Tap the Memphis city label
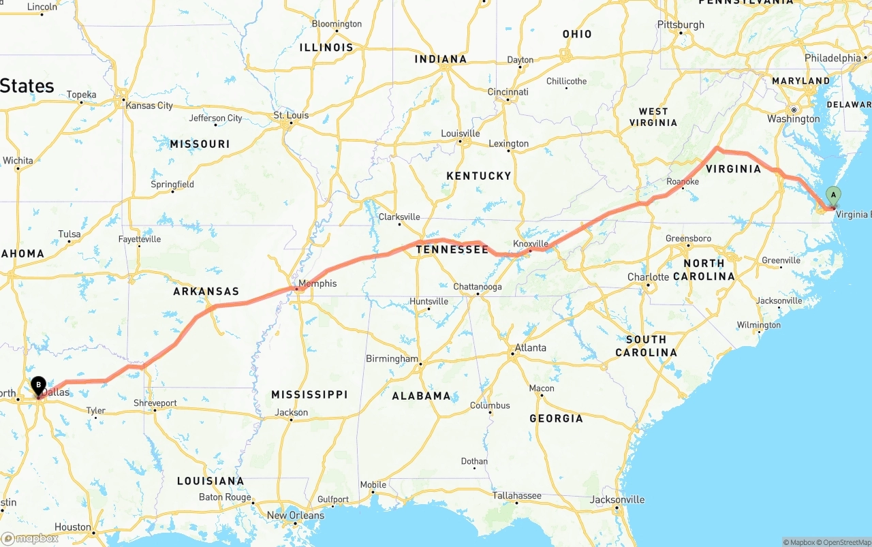317,283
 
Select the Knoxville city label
531,244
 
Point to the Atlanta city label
531,347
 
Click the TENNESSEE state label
452,250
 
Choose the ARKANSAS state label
206,292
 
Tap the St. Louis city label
291,115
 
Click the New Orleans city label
296,515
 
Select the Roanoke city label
683,182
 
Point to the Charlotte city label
648,277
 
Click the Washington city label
794,119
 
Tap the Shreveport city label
155,403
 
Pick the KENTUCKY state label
479,176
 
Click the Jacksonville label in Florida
617,499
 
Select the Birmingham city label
392,358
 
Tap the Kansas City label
149,106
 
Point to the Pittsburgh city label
681,25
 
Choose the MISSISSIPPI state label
309,395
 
